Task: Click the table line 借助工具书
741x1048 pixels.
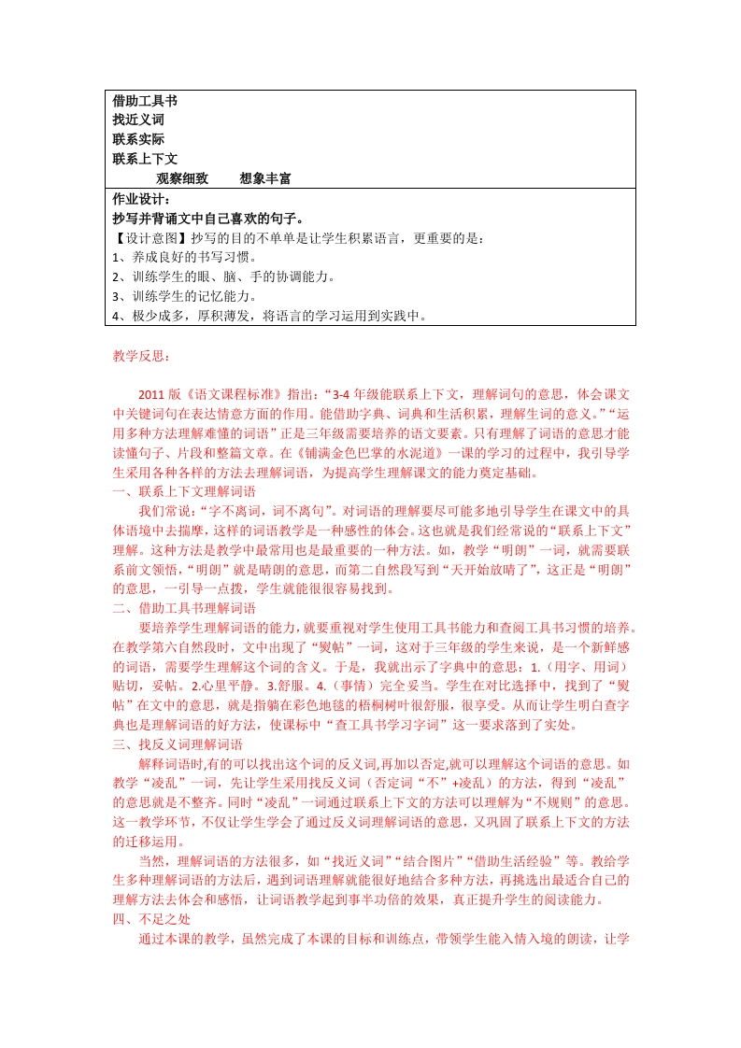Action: tap(145, 101)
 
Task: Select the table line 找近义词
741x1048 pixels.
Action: tap(138, 120)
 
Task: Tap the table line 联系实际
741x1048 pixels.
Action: tap(138, 139)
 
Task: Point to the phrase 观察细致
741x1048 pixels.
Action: tap(182, 178)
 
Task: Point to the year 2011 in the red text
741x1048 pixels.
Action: tap(150, 395)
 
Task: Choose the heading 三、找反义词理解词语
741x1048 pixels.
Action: tap(178, 744)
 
